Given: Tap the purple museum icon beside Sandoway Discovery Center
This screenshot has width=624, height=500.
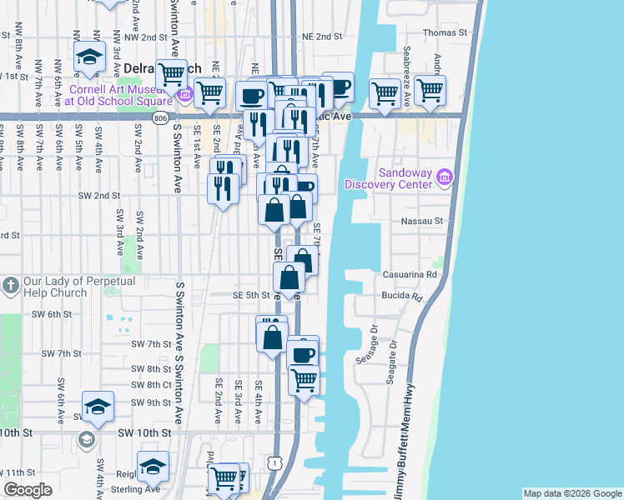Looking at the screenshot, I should coord(445,177).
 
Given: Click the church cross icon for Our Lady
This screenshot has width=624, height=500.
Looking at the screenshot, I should coord(11,286).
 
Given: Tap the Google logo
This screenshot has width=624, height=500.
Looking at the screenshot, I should coord(28,490).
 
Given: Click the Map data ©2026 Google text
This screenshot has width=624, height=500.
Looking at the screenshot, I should coord(571,493).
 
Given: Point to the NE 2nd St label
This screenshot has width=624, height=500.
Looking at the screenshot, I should coord(322,37).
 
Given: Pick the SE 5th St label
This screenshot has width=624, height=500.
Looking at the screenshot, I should coord(250,295).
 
